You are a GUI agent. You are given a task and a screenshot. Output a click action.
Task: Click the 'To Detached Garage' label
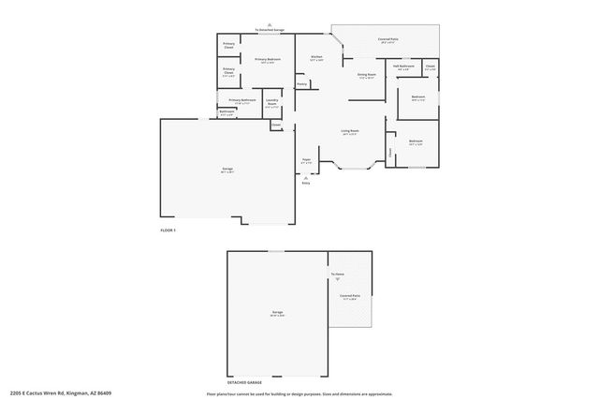tap(270, 31)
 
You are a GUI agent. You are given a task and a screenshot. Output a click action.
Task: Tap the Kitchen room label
tap(316, 57)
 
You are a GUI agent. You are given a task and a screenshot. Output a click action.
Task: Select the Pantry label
tap(302, 84)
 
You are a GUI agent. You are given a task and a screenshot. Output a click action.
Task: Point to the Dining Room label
tap(366, 74)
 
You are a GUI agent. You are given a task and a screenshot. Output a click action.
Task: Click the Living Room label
tap(350, 131)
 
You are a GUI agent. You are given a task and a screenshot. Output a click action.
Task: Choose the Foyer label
tap(306, 160)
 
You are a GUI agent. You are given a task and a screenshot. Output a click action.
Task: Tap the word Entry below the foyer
tap(305, 183)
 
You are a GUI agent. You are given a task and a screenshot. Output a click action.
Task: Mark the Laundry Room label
tap(271, 100)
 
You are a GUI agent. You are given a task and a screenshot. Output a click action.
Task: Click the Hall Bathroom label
tap(403, 67)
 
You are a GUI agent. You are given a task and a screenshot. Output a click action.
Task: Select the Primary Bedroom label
tap(268, 60)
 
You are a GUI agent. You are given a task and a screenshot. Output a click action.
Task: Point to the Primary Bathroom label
tap(242, 100)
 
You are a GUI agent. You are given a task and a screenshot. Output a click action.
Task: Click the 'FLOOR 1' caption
tap(168, 230)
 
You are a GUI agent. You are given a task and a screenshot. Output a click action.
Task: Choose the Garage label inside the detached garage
tap(278, 312)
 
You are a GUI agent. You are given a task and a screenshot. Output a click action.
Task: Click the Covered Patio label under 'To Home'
tap(351, 296)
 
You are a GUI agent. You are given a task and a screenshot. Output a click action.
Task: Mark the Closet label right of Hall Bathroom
tap(430, 67)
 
